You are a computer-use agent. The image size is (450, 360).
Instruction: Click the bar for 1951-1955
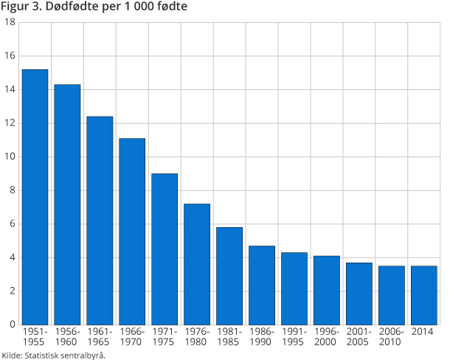(x=35, y=197)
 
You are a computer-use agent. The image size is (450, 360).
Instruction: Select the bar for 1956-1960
(x=67, y=204)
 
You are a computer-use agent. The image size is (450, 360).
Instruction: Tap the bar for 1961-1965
(x=100, y=221)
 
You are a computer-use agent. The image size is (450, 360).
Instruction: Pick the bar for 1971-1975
(x=165, y=249)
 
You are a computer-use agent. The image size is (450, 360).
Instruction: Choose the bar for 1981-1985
(x=229, y=276)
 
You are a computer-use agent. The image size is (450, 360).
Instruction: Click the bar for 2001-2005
(x=359, y=294)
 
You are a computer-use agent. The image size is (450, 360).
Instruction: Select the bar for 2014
(x=424, y=295)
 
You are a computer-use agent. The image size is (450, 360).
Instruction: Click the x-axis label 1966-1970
(x=132, y=337)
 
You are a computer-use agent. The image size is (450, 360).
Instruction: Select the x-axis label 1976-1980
(x=197, y=337)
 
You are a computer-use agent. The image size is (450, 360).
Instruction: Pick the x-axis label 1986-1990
(x=262, y=337)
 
